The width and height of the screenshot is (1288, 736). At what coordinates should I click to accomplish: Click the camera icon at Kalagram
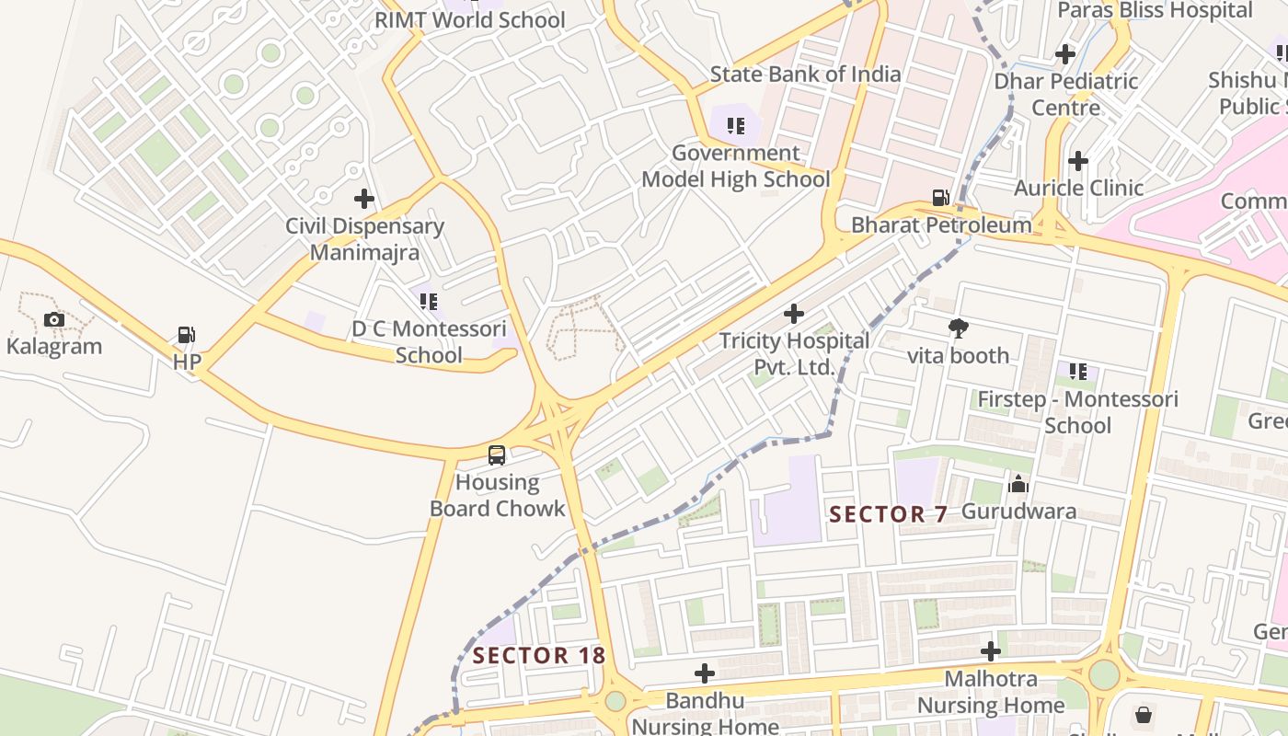pyautogui.click(x=54, y=320)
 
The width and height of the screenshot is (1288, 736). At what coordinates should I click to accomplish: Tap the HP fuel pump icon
pyautogui.click(x=187, y=336)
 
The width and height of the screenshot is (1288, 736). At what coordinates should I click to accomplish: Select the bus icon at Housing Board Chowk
pyautogui.click(x=497, y=454)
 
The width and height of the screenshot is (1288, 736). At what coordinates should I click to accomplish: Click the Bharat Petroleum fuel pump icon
pyautogui.click(x=940, y=198)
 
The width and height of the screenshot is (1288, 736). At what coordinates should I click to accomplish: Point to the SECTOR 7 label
pyautogui.click(x=888, y=514)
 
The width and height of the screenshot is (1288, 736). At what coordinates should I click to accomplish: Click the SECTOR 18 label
pyautogui.click(x=539, y=655)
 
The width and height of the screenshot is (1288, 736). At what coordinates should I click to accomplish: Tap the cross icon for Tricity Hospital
pyautogui.click(x=793, y=314)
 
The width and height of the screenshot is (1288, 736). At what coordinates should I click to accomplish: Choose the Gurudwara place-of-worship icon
pyautogui.click(x=1018, y=484)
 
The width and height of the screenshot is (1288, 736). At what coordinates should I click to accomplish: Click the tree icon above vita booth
pyautogui.click(x=959, y=328)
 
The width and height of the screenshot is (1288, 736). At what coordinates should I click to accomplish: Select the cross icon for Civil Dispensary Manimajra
pyautogui.click(x=364, y=198)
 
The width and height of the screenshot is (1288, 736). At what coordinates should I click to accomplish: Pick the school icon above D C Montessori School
pyautogui.click(x=429, y=301)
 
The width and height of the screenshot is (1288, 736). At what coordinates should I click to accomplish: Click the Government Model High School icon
pyautogui.click(x=735, y=125)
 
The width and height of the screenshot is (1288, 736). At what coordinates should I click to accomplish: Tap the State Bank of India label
pyautogui.click(x=805, y=74)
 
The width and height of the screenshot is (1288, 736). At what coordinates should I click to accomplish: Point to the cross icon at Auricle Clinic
pyautogui.click(x=1077, y=161)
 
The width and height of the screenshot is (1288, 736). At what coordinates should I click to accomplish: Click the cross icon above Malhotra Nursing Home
pyautogui.click(x=990, y=651)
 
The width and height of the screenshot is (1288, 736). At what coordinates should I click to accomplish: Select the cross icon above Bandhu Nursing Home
pyautogui.click(x=704, y=673)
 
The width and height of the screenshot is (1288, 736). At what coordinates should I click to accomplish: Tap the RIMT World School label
pyautogui.click(x=469, y=19)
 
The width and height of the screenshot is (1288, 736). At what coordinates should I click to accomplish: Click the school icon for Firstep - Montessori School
pyautogui.click(x=1077, y=372)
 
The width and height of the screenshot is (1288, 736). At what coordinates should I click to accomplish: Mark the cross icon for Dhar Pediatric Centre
pyautogui.click(x=1065, y=54)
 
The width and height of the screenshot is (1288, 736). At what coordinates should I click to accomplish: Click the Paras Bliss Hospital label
pyautogui.click(x=1155, y=10)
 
